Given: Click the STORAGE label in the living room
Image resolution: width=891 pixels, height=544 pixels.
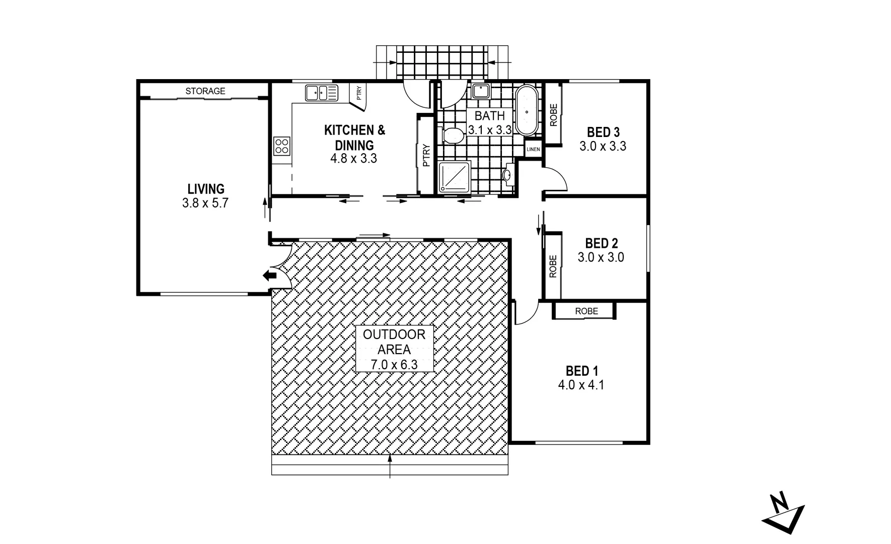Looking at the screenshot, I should (x=205, y=91).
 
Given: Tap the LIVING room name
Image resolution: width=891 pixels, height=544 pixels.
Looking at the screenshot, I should (x=205, y=189).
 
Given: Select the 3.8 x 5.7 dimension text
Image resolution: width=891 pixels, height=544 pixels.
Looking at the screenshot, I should (x=205, y=203).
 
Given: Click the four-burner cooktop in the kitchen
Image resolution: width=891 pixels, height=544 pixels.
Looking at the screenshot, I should (x=282, y=146).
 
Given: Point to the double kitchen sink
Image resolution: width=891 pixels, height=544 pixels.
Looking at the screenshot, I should (x=322, y=93).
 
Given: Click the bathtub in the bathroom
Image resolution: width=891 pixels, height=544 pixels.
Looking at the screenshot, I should (x=527, y=110).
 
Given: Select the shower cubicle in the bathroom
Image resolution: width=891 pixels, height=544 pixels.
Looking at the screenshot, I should (x=455, y=177).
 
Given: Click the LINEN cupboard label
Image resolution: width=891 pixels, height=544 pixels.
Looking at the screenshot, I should (x=533, y=149).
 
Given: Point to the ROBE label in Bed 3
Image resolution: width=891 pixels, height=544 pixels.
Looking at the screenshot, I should (x=553, y=115).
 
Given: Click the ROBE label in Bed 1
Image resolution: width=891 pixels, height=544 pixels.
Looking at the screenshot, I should (x=586, y=311).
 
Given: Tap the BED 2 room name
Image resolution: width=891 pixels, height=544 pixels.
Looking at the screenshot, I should (x=601, y=243).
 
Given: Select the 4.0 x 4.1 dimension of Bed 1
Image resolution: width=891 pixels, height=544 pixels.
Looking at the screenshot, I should (x=581, y=385).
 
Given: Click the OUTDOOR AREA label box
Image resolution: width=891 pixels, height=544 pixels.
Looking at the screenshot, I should (x=394, y=349).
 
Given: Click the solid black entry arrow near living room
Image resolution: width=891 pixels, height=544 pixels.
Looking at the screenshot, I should (x=270, y=275).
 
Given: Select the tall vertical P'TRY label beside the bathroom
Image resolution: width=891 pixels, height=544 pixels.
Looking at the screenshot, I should (x=426, y=155).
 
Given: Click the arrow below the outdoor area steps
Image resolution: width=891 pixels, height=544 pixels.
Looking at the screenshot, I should (x=390, y=465).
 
